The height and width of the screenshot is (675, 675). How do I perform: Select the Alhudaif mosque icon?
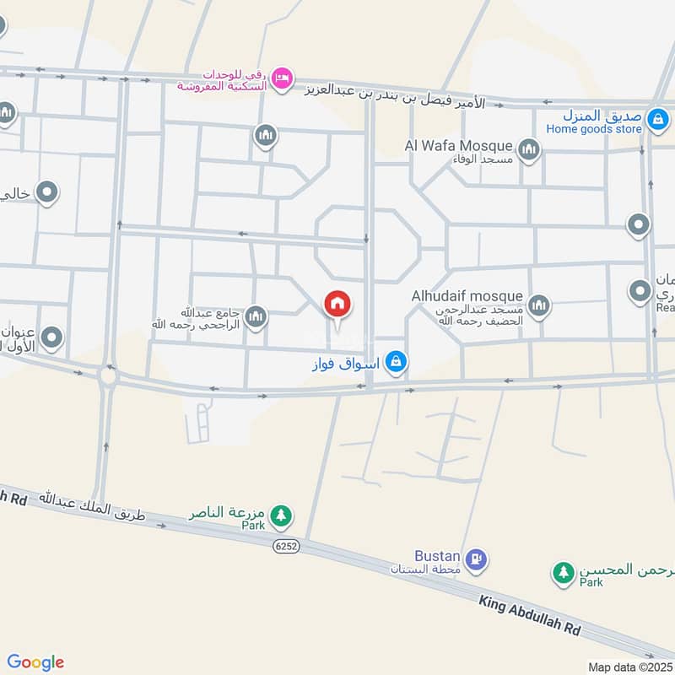tap(538, 305)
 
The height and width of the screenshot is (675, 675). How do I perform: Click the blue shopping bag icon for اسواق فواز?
tap(396, 363)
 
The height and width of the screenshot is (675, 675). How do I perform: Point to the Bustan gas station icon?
tap(477, 559)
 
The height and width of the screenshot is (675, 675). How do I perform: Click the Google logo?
tap(35, 662)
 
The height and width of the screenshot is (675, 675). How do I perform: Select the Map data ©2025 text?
tap(630, 667)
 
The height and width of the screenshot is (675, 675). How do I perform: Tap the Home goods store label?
tap(593, 129)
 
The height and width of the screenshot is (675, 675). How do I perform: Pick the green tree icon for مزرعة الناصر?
tap(281, 515)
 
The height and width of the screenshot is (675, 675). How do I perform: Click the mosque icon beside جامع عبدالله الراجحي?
tap(256, 317)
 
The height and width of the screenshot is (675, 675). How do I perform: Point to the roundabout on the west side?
tap(107, 375)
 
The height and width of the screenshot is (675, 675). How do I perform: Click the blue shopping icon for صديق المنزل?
tap(657, 121)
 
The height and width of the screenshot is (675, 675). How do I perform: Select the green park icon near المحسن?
tap(563, 573)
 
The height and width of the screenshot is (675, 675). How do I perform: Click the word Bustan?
tap(437, 556)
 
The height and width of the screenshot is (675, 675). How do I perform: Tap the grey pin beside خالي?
tap(47, 193)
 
